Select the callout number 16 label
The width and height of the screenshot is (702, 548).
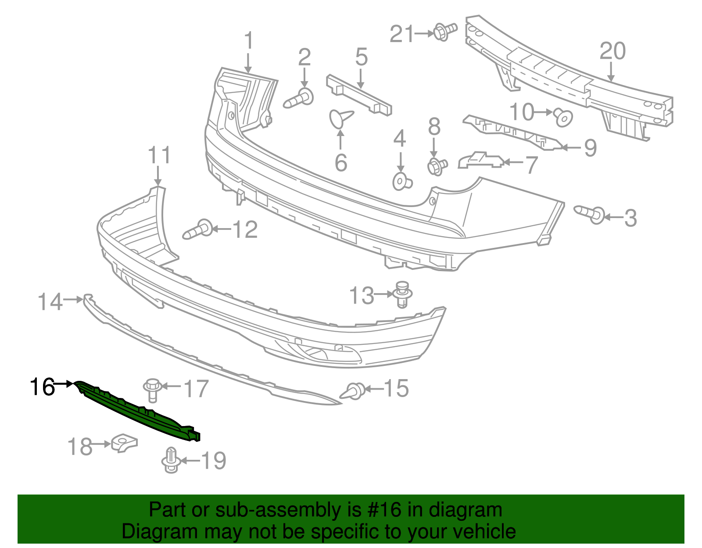[x=42, y=387]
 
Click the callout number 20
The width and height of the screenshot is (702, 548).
[x=612, y=51]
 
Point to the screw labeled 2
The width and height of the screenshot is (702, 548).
[x=300, y=98]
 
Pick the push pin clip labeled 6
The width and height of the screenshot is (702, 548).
[x=340, y=118]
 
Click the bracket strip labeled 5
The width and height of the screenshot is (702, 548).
[x=359, y=95]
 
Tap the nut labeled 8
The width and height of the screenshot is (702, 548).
[x=436, y=166]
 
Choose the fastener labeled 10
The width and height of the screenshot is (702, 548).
[x=562, y=116]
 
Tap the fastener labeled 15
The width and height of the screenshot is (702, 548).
[x=354, y=390]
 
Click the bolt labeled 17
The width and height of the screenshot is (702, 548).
[x=152, y=389]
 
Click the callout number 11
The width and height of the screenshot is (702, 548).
[x=159, y=156]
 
